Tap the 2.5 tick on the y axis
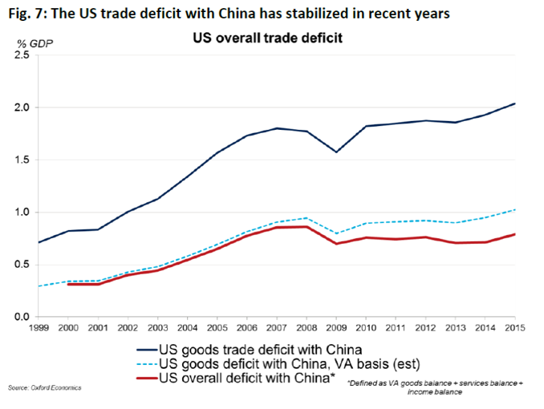tap(22, 55)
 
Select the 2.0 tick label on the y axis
tap(22, 107)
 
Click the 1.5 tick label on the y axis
tap(22, 160)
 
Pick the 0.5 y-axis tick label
tap(22, 265)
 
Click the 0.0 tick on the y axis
tap(22, 317)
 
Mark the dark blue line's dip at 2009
tap(335, 152)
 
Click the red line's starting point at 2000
tap(69, 284)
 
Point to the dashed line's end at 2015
tap(514, 209)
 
